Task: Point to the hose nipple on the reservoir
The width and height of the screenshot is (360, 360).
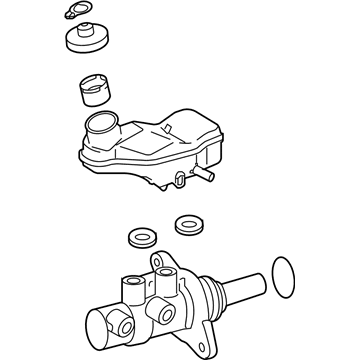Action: (209, 176)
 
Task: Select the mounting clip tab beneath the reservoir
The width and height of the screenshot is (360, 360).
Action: (179, 181)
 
